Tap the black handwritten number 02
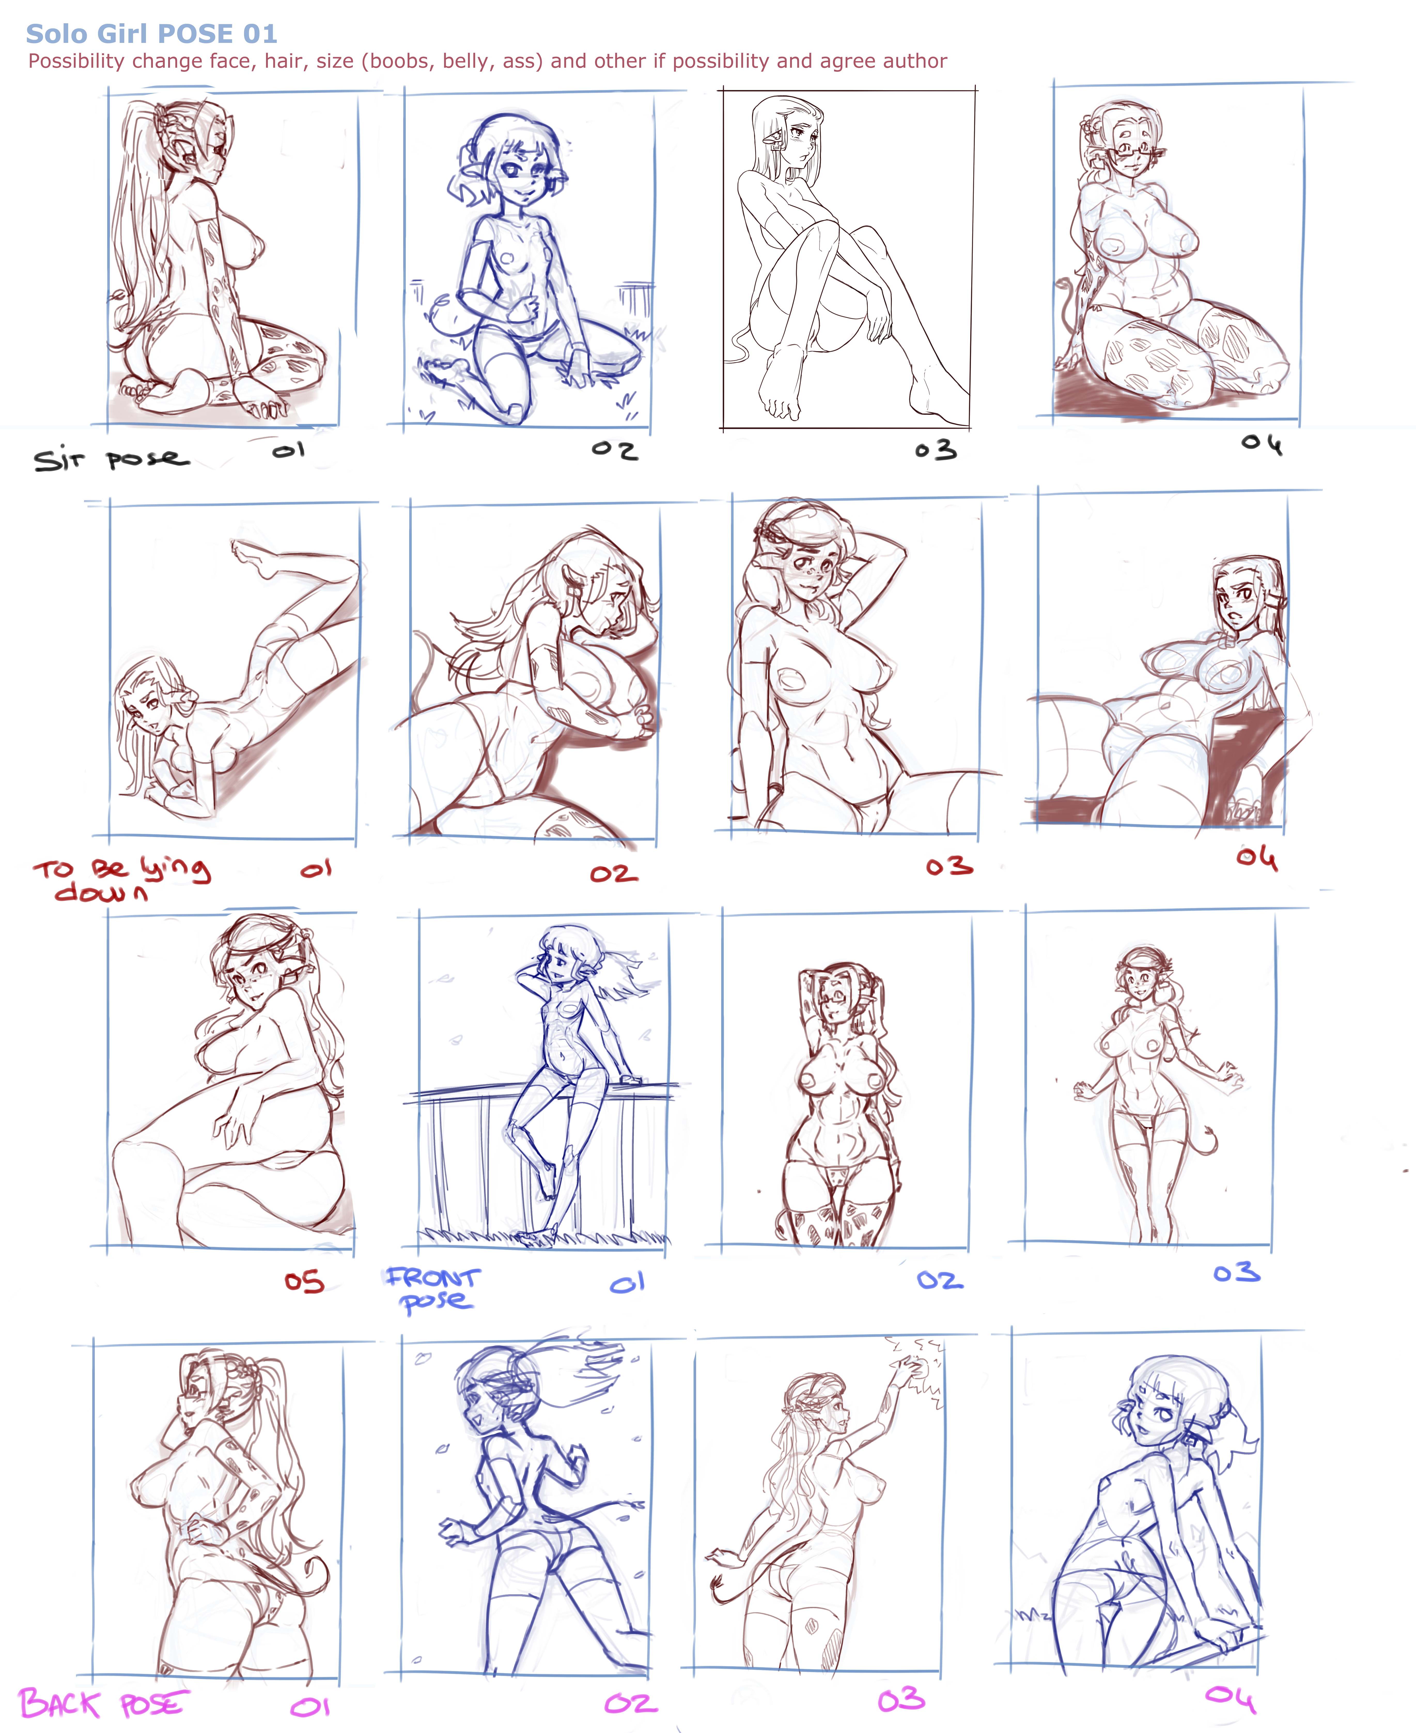[614, 450]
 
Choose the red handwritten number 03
[950, 867]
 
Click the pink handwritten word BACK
[60, 1704]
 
